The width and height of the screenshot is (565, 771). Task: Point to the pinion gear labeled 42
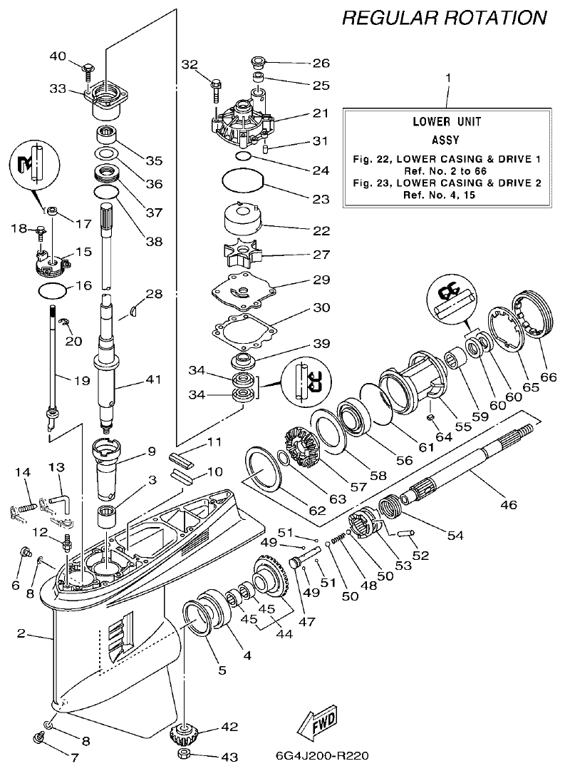(x=185, y=733)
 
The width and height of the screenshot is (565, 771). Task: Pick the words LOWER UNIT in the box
(x=447, y=121)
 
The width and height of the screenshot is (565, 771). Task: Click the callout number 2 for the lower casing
(x=21, y=632)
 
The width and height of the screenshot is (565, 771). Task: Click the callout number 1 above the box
(x=447, y=77)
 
